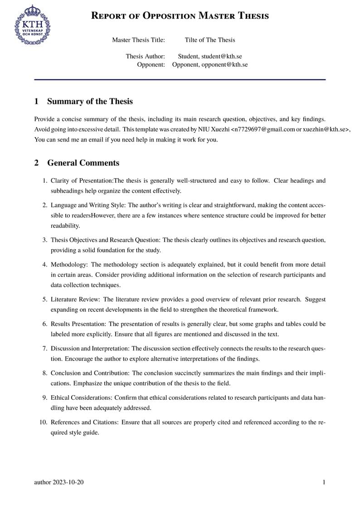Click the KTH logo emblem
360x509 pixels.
click(x=33, y=25)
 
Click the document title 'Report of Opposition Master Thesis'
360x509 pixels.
click(x=180, y=15)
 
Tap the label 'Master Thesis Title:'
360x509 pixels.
click(x=138, y=40)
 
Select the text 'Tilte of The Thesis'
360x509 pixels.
click(x=210, y=40)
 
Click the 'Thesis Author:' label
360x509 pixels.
click(x=145, y=56)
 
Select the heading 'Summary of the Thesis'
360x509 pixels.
click(x=90, y=101)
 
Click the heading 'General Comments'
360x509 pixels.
click(x=83, y=163)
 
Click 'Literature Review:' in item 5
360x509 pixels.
click(x=76, y=300)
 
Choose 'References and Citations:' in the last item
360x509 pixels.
click(x=85, y=422)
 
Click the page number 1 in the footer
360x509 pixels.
click(x=324, y=482)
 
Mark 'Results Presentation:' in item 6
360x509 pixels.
click(x=78, y=324)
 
